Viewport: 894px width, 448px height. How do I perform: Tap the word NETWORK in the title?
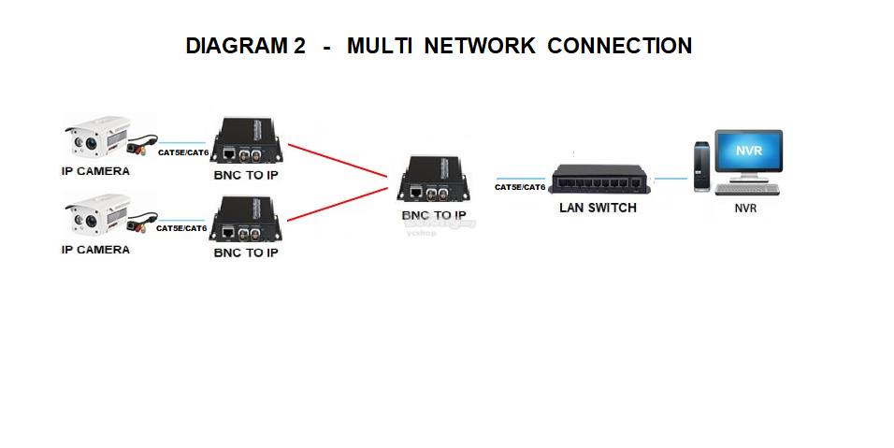(480, 46)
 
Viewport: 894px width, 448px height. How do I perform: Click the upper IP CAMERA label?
(95, 171)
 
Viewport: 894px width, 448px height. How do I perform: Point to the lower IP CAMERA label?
(95, 250)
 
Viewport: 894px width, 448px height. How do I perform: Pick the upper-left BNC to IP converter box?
(246, 141)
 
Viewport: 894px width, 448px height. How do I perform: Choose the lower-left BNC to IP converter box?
(246, 219)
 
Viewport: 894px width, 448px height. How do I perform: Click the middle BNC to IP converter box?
(433, 179)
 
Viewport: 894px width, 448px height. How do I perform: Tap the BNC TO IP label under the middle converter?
(434, 215)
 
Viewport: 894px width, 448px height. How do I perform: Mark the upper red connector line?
(338, 160)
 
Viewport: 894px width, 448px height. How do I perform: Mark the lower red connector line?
(338, 204)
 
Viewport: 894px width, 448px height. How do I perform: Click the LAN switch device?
(598, 179)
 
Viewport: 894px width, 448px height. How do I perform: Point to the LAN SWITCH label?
(598, 208)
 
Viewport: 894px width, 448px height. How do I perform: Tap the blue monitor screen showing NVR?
(749, 151)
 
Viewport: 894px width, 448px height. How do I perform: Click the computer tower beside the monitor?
(702, 166)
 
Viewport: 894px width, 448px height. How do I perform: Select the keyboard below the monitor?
(746, 190)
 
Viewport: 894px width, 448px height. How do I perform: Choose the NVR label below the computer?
(745, 209)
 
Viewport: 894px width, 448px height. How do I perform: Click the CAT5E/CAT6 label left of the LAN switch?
(520, 187)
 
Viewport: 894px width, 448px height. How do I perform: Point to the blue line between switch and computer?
(670, 179)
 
